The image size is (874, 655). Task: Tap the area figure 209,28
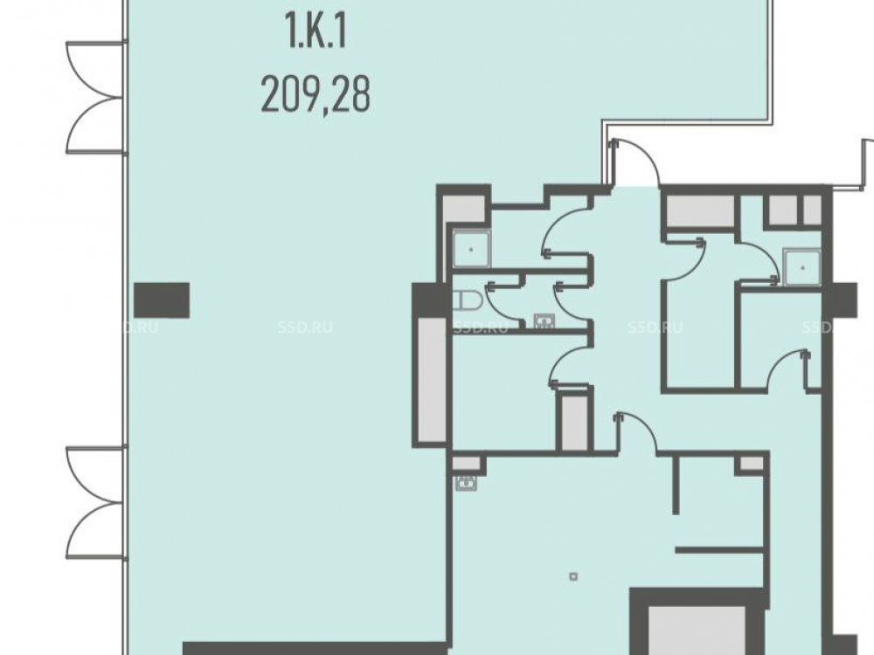316,94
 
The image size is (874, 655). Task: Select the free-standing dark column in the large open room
162,300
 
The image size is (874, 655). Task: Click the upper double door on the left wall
94,97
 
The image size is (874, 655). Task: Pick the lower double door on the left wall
94,501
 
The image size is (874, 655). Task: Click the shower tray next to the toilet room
472,249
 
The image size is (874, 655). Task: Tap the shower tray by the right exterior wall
802,267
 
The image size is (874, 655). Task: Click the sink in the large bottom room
466,483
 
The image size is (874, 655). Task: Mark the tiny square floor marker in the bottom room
573,577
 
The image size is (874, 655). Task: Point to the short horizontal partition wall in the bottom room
718,550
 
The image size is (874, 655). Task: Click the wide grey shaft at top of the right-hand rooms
700,211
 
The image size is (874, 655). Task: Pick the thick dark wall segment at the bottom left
315,648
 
